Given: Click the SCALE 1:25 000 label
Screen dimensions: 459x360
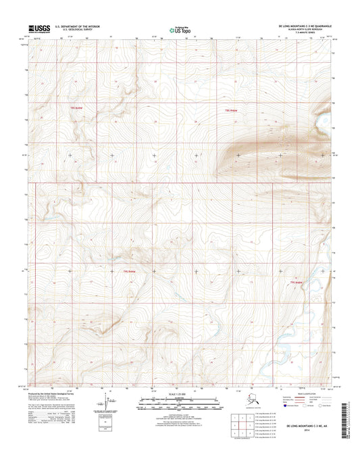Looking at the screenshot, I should tap(179, 393).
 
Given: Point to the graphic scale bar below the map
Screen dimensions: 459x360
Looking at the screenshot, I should tap(179, 404).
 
